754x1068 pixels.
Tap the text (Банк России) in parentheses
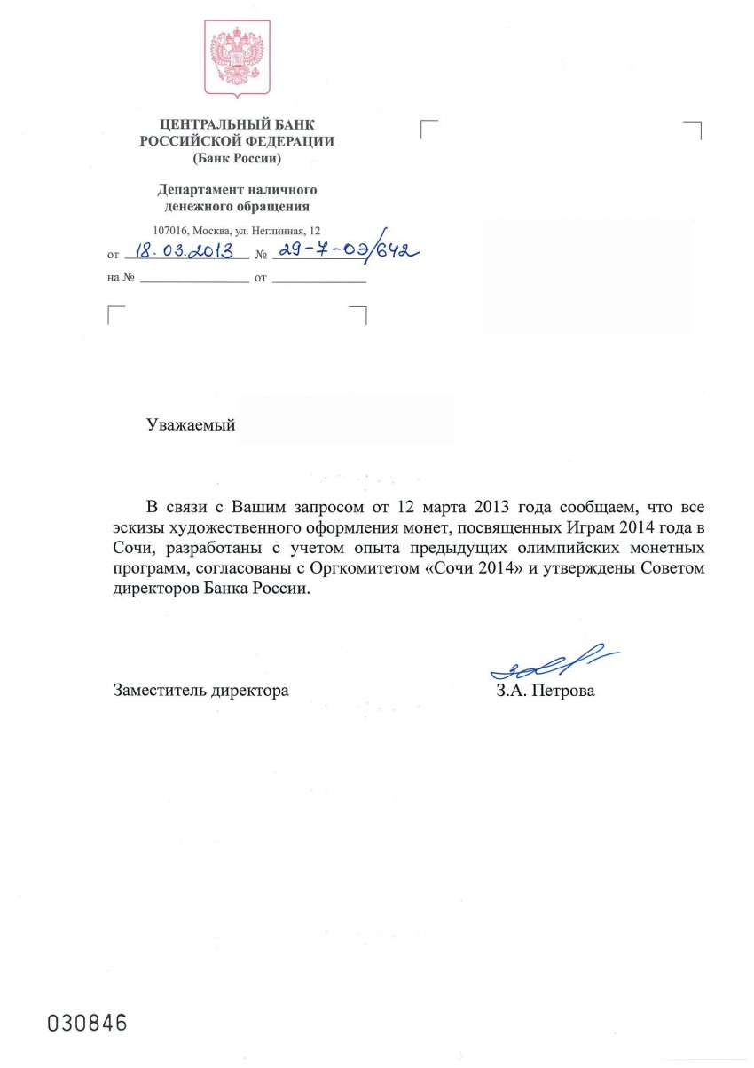point(237,159)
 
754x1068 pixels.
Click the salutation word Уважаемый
point(191,425)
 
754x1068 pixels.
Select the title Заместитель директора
point(201,690)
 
